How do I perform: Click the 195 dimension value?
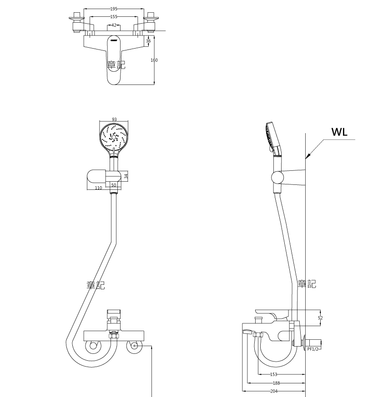point(114,9)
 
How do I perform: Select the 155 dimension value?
point(114,17)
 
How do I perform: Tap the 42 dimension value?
point(113,25)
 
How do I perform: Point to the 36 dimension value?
point(148,41)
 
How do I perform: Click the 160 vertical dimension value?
point(154,60)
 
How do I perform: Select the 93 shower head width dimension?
point(114,119)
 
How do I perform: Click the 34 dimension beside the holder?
point(126,176)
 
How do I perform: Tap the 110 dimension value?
point(98,188)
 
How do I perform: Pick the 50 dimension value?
point(114,185)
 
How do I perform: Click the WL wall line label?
point(339,132)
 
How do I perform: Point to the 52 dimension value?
point(320,318)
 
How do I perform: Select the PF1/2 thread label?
point(313,349)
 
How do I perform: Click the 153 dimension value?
point(274,375)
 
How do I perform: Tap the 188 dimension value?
point(276,383)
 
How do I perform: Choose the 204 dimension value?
point(274,391)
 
